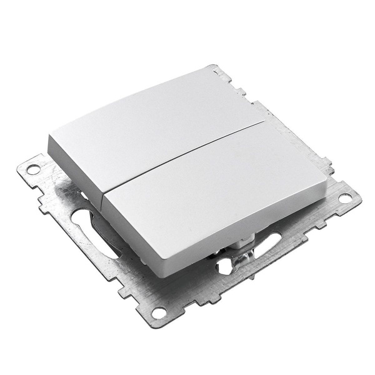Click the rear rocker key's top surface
click(x=150, y=122)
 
